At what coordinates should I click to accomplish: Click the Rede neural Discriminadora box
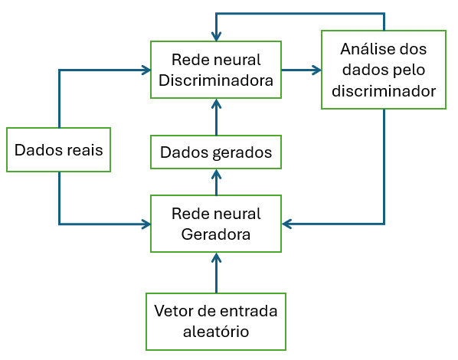click(x=215, y=70)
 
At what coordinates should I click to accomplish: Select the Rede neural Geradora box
click(x=215, y=224)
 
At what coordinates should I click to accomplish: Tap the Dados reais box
click(x=58, y=149)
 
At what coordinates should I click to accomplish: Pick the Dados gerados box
click(x=215, y=152)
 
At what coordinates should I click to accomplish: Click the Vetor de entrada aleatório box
click(x=215, y=322)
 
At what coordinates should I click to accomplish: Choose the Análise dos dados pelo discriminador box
click(x=383, y=70)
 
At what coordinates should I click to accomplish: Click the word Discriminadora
click(x=216, y=80)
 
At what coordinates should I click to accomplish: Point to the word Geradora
click(x=216, y=234)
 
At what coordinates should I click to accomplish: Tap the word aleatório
click(x=216, y=332)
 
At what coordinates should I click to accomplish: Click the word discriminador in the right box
click(x=383, y=91)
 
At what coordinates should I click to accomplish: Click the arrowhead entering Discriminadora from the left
click(x=146, y=70)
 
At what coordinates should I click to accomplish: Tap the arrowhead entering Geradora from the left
click(x=146, y=224)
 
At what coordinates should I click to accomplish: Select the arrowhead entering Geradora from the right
click(x=287, y=224)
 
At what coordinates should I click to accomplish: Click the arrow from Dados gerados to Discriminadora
click(x=216, y=117)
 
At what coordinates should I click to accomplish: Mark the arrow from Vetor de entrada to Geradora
click(x=216, y=273)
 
